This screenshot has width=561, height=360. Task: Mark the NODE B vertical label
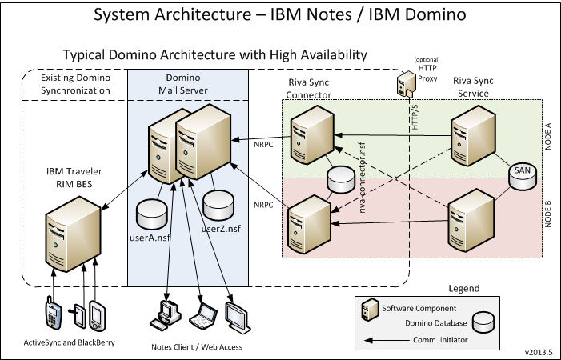point(548,214)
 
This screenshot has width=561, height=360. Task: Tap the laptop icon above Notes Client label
point(204,315)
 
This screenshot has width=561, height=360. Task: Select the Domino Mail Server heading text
point(186,86)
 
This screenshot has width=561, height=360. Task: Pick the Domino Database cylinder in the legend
point(485,321)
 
